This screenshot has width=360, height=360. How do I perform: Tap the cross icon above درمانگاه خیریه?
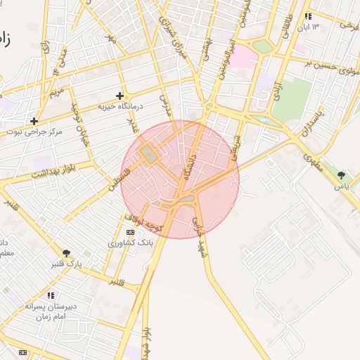coord(120,96)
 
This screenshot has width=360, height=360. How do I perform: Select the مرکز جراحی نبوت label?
coord(34,131)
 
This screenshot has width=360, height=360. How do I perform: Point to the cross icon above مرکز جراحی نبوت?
coord(34,121)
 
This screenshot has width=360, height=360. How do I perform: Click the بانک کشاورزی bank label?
coord(131,242)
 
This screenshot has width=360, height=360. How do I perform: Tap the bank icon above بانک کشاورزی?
coord(130,232)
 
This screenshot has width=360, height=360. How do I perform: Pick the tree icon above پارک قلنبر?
coord(66,253)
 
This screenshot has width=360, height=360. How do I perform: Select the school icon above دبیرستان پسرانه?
coord(50,296)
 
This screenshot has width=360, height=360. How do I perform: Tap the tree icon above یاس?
coord(342,175)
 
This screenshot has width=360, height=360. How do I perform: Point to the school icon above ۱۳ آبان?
coord(308,16)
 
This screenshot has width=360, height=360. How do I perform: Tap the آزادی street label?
coord(276,94)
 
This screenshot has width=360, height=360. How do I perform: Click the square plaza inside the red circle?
coord(148,152)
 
